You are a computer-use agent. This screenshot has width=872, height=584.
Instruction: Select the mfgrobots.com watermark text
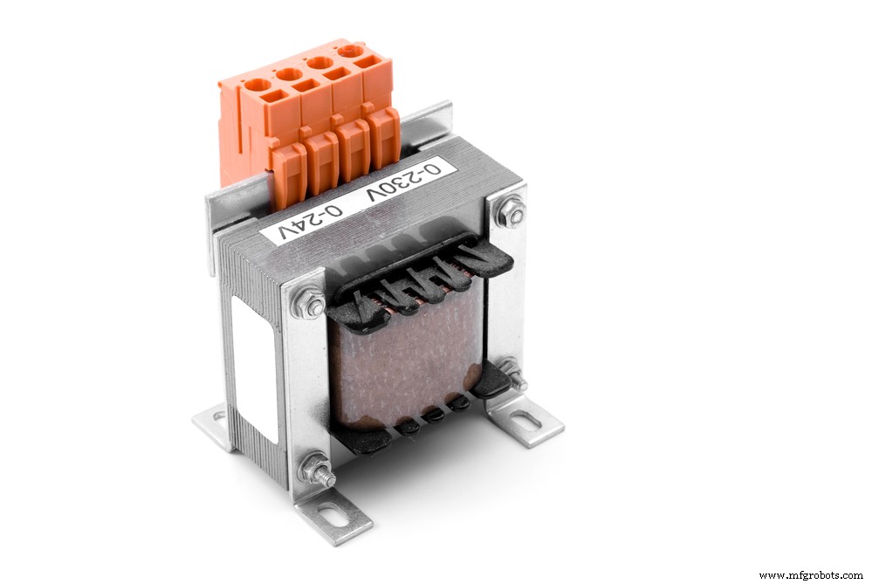click(x=812, y=575)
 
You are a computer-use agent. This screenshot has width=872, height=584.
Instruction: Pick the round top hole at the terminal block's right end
click(x=351, y=51)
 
